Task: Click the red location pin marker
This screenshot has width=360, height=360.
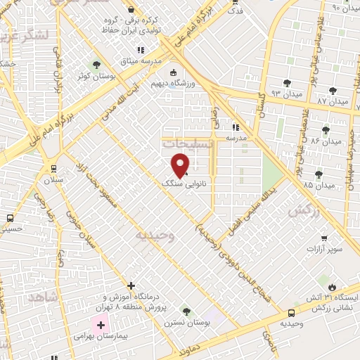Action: click(181, 165)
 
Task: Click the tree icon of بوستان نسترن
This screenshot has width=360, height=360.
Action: click(186, 310)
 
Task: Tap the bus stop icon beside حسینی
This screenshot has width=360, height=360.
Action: click(9, 218)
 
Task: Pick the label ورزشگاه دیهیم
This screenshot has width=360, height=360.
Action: click(174, 82)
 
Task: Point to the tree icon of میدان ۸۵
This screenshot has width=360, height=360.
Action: click(319, 174)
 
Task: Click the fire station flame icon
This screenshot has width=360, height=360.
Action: click(332, 286)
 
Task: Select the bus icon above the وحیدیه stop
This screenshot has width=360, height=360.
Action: click(291, 313)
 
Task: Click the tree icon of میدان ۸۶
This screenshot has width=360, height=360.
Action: click(326, 129)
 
